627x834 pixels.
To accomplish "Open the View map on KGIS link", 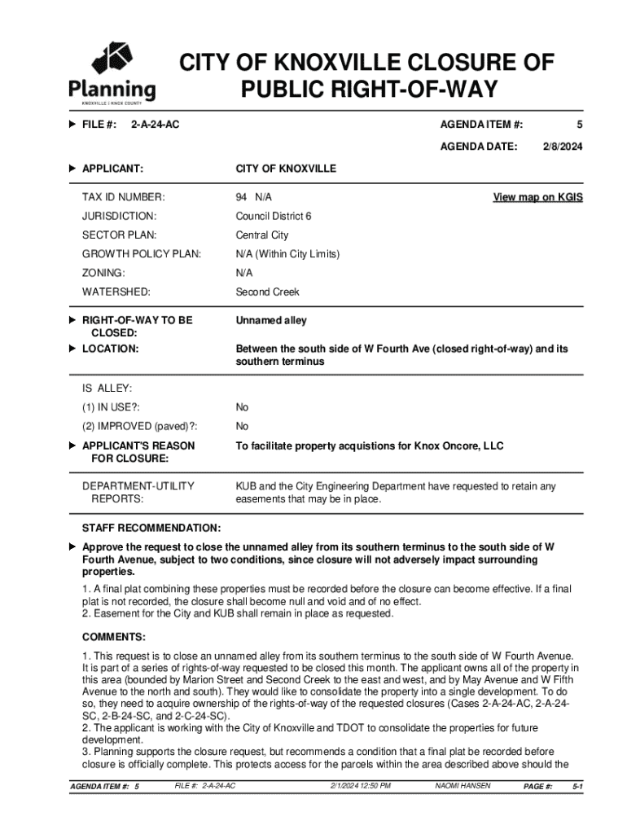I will tap(537, 197).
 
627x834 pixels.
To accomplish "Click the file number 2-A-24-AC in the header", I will tap(155, 124).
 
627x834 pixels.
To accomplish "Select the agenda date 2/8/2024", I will tap(563, 147).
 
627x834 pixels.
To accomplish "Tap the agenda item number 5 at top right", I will tap(580, 124).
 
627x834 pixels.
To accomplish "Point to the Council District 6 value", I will tap(274, 217).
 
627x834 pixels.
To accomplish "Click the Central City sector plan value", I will tap(262, 235).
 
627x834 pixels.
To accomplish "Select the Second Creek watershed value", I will tap(267, 292).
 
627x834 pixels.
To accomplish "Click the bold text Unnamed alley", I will tap(271, 321).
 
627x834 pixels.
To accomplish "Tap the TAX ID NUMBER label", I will tap(123, 197).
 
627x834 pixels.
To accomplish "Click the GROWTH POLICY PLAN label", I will tap(142, 254).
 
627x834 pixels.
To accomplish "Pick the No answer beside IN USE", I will tap(243, 407).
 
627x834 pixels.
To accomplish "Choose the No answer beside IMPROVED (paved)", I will tap(243, 427).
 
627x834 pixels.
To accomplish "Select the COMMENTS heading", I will tap(114, 637).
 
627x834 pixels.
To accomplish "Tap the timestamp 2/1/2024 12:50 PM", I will tap(360, 786).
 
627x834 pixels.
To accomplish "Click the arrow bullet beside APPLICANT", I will tap(72, 169).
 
